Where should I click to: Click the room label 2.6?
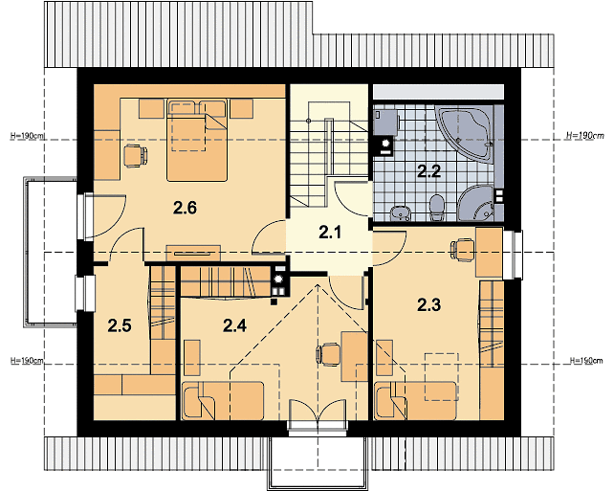coord(185,208)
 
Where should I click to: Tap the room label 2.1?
coord(330,233)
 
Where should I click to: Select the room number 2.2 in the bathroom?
coord(428,171)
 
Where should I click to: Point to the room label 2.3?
coord(428,305)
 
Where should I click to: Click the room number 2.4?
coord(234,325)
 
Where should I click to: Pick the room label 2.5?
coord(120,325)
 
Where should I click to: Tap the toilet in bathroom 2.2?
coord(436,208)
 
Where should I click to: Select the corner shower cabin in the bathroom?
coord(475,203)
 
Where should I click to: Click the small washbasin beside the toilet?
coord(400,212)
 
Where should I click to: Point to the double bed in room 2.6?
coord(197,141)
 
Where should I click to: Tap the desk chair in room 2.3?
coord(463,250)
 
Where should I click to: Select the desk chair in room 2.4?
coord(327,355)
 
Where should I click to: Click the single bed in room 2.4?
coord(223,400)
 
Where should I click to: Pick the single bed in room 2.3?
coord(416,400)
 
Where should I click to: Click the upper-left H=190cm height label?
coord(28,136)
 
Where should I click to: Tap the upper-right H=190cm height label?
coord(585,136)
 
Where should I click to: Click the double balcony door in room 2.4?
coord(318,416)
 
